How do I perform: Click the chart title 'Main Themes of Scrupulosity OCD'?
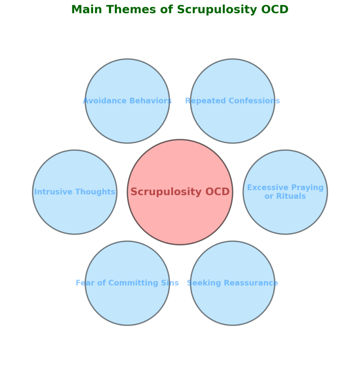pyautogui.click(x=180, y=10)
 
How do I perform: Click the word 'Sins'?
pyautogui.click(x=171, y=283)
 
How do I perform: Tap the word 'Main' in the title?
pyautogui.click(x=86, y=10)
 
